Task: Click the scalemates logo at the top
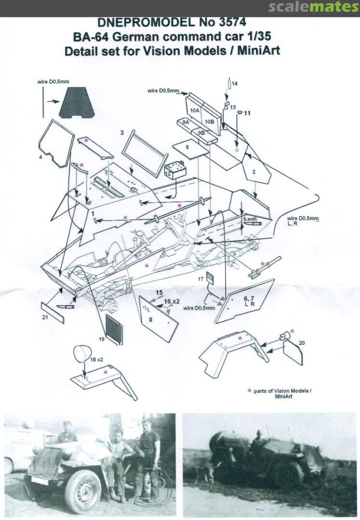click(x=313, y=7)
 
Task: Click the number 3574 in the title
click(x=232, y=22)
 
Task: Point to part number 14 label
click(x=235, y=84)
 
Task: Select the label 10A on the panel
click(x=195, y=110)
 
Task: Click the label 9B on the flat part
click(x=201, y=133)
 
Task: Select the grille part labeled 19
click(x=114, y=329)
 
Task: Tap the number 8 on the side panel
click(x=151, y=320)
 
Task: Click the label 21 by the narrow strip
click(x=45, y=317)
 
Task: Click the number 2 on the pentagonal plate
click(x=254, y=172)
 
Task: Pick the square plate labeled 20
click(x=293, y=353)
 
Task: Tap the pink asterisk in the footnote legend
click(x=250, y=390)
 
